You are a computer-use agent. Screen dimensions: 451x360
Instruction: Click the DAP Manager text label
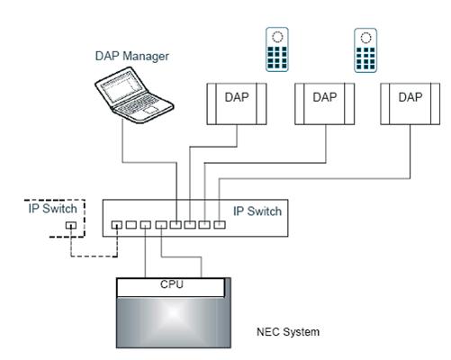point(132,57)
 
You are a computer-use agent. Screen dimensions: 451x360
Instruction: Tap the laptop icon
point(134,95)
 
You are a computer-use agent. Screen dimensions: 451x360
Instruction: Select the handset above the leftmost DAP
point(277,49)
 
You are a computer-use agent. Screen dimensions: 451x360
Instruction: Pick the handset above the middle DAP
point(365,50)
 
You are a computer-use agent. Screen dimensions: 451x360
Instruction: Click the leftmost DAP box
point(237,103)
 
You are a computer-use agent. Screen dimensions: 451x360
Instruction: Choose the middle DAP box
point(325,103)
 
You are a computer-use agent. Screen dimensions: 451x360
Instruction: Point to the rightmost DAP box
point(410,103)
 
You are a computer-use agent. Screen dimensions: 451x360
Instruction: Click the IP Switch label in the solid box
point(257,211)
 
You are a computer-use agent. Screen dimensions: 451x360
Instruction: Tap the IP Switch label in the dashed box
point(52,209)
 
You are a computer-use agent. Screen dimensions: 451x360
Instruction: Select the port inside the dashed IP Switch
point(71,225)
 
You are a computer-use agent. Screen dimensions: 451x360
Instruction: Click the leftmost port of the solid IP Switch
point(117,225)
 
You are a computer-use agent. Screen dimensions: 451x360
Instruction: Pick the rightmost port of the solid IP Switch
point(220,225)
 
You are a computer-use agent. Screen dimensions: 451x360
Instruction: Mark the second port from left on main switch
point(131,225)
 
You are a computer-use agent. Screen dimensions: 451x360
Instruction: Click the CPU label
point(172,284)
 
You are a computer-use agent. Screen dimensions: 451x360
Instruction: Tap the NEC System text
point(288,332)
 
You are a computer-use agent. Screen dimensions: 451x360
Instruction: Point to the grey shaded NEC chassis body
point(174,322)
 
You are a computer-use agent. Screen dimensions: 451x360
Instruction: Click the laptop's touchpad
point(150,110)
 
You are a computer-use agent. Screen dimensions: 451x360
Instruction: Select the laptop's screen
point(121,88)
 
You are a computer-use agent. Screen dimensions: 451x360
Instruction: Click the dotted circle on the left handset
point(277,37)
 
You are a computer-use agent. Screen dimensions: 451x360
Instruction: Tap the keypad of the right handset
point(365,58)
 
